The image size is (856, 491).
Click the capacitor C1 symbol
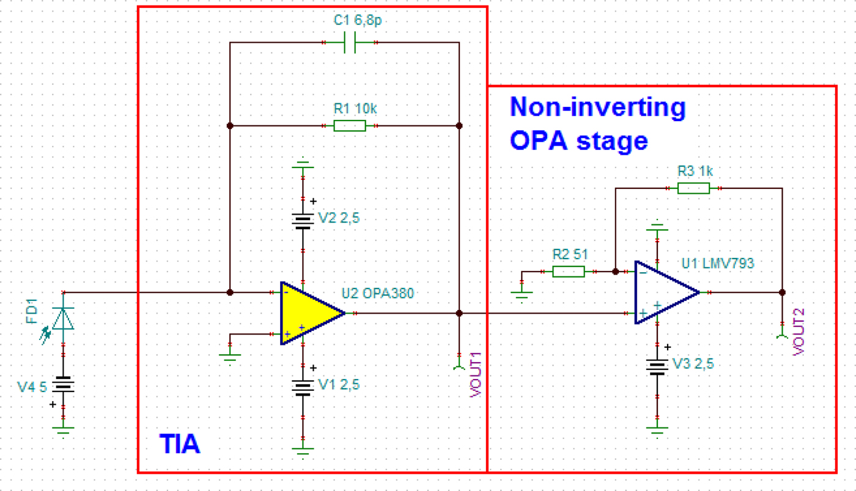click(350, 43)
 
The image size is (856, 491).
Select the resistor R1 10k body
click(350, 126)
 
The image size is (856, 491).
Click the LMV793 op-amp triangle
click(663, 292)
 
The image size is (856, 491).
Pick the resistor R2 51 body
click(568, 271)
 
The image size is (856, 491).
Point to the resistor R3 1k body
click(693, 188)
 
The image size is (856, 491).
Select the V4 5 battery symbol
click(63, 386)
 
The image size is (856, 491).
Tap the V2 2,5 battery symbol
click(303, 221)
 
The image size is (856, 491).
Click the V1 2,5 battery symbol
click(303, 387)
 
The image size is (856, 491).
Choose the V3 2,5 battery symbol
click(657, 366)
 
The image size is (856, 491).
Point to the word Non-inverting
click(597, 107)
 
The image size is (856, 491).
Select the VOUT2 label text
click(798, 331)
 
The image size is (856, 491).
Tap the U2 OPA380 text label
click(377, 293)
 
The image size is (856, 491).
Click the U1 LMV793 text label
click(718, 264)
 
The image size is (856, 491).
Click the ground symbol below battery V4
click(63, 430)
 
